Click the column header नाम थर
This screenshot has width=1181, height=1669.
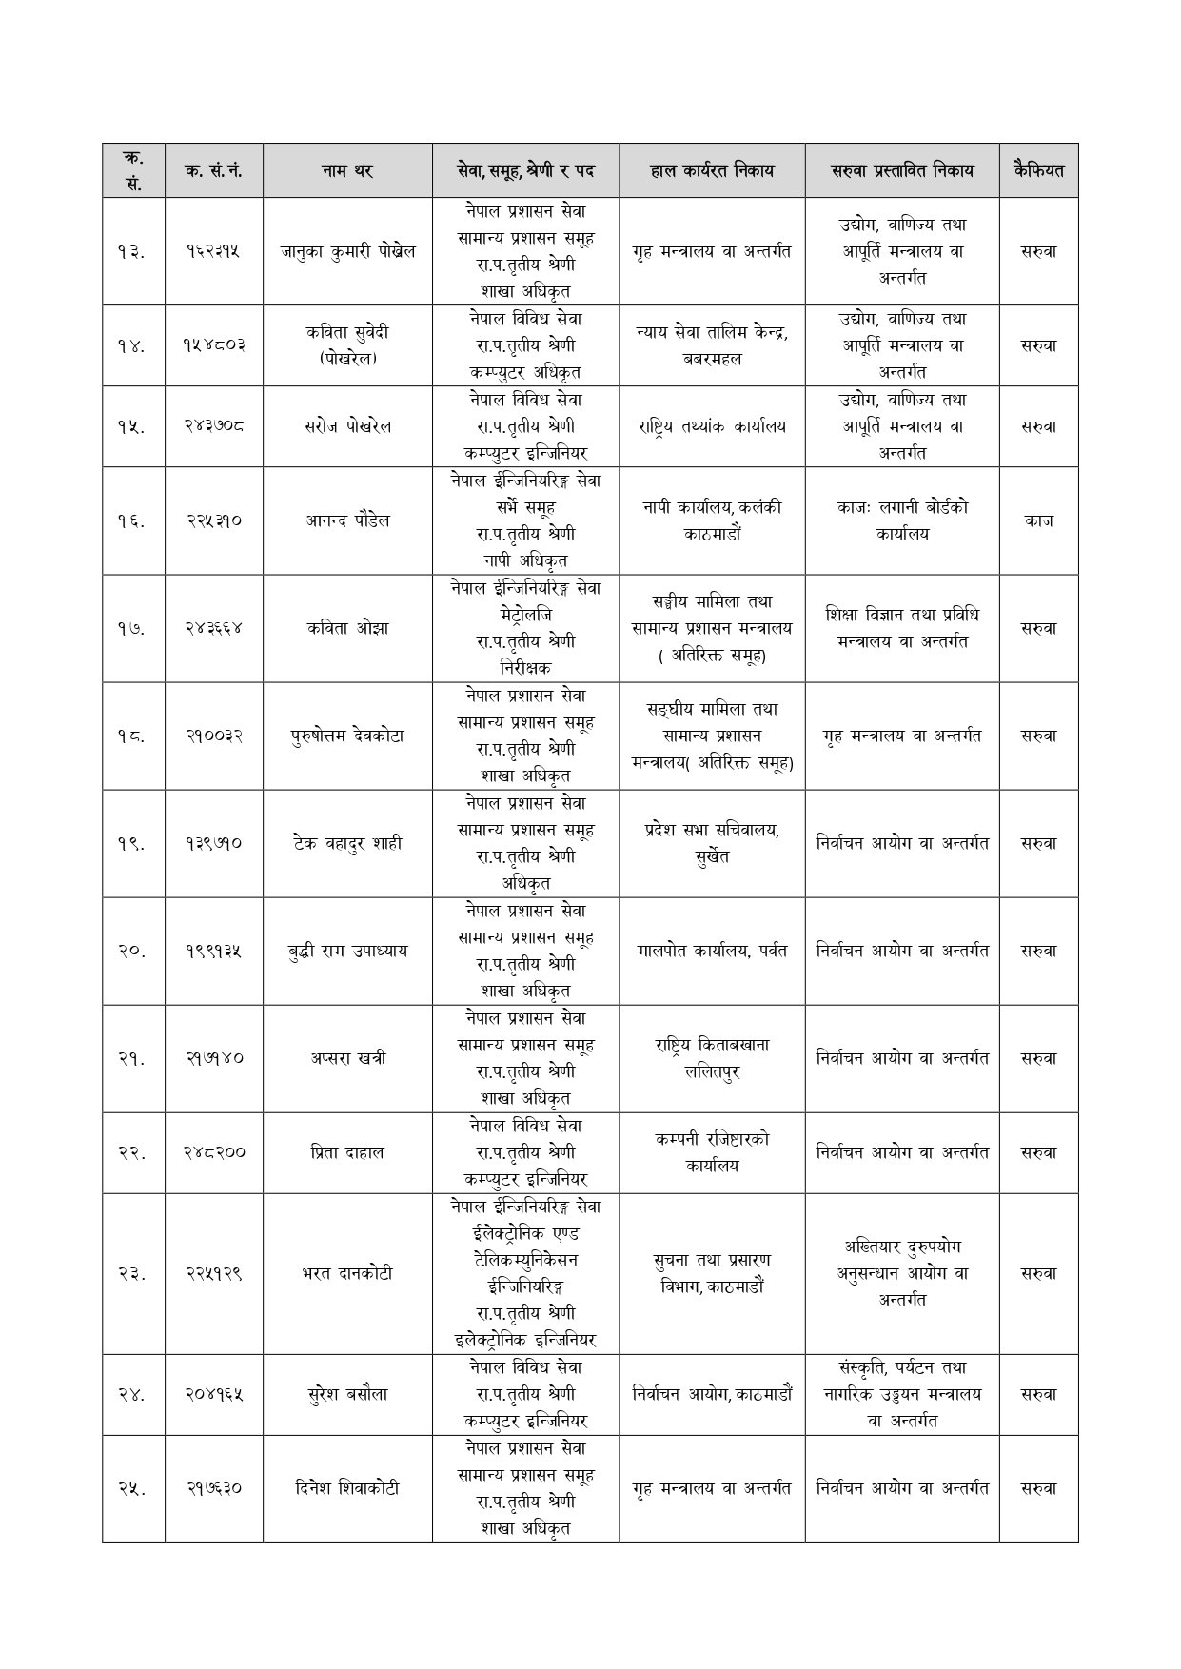tap(347, 171)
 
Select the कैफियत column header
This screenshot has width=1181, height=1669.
tap(1038, 171)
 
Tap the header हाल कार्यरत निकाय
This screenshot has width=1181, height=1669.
tap(712, 171)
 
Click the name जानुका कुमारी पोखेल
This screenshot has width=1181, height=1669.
tap(347, 252)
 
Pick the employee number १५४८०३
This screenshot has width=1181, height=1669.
tap(214, 345)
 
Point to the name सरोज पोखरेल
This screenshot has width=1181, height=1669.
tap(347, 426)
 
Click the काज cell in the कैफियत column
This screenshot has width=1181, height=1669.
tap(1038, 520)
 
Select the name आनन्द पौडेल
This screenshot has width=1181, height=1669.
tap(347, 520)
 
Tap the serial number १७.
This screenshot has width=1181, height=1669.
tap(133, 628)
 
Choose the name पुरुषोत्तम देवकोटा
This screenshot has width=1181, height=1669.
tap(347, 736)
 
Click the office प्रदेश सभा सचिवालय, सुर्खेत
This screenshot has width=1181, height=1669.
tap(712, 842)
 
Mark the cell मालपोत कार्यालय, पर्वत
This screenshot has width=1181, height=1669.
tap(712, 951)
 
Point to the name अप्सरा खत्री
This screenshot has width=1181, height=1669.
tap(347, 1058)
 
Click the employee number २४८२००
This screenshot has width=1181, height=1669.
tap(214, 1152)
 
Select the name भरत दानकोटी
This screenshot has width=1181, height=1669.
tap(347, 1273)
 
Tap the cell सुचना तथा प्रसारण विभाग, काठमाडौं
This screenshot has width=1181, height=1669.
tap(712, 1273)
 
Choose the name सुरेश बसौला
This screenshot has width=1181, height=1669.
tap(347, 1394)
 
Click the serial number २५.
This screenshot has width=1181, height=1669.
tap(133, 1488)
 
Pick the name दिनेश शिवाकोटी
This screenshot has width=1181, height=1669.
tap(347, 1488)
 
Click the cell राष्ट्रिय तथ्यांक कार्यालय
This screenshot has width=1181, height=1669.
tap(712, 426)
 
